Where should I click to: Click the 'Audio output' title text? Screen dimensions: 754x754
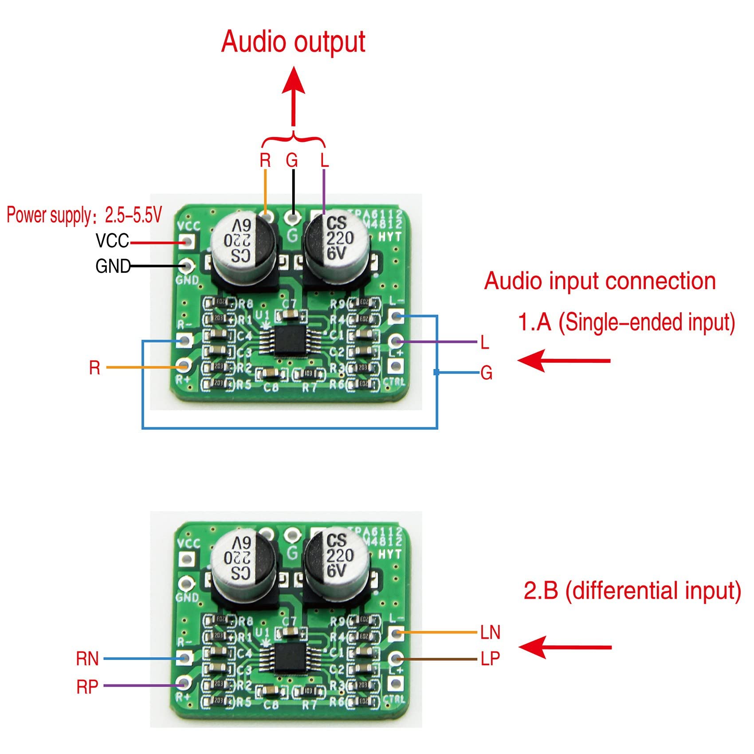pyautogui.click(x=293, y=42)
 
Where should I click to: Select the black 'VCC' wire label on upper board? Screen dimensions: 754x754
pyautogui.click(x=112, y=241)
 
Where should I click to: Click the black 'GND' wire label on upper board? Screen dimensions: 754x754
pyautogui.click(x=113, y=266)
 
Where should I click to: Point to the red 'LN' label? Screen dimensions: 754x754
pyautogui.click(x=490, y=632)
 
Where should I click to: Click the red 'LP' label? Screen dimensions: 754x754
pyautogui.click(x=490, y=659)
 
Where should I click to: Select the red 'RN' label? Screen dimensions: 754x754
pyautogui.click(x=87, y=659)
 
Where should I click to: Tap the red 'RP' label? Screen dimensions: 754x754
pyautogui.click(x=87, y=687)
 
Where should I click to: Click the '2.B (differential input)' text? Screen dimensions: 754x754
pyautogui.click(x=632, y=591)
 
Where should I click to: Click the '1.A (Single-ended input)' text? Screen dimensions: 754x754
pyautogui.click(x=626, y=322)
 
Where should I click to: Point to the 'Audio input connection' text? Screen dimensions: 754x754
pyautogui.click(x=600, y=281)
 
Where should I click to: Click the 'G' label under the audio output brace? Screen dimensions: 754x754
pyautogui.click(x=292, y=160)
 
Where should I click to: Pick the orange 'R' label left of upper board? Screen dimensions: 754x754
pyautogui.click(x=94, y=368)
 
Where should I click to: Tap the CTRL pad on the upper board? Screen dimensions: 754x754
pyautogui.click(x=394, y=366)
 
